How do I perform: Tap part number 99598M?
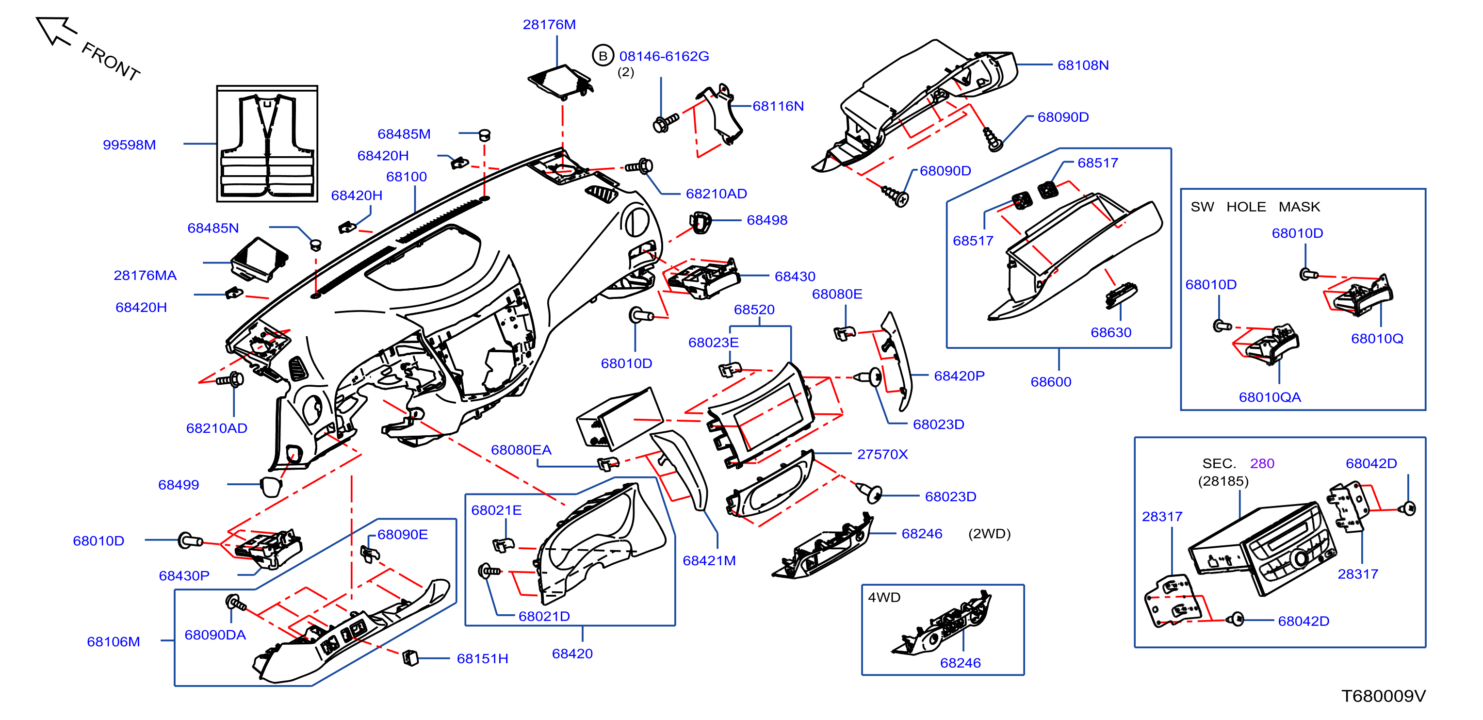tap(129, 145)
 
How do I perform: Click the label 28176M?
tap(549, 24)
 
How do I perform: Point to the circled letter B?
tap(603, 56)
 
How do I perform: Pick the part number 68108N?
tap(1083, 65)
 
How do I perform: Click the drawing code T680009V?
tap(1384, 696)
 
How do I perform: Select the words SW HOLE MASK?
tap(1255, 207)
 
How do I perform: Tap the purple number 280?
tap(1262, 463)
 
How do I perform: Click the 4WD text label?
tap(884, 597)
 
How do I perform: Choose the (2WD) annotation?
tap(989, 534)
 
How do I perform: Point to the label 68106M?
tap(114, 642)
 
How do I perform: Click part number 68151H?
tap(482, 658)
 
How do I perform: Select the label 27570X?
tap(882, 454)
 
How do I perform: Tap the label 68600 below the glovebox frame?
tap(1051, 381)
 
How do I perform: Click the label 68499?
tap(179, 485)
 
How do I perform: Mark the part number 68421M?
tap(709, 560)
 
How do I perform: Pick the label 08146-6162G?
tap(664, 56)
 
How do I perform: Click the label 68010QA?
tap(1270, 397)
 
